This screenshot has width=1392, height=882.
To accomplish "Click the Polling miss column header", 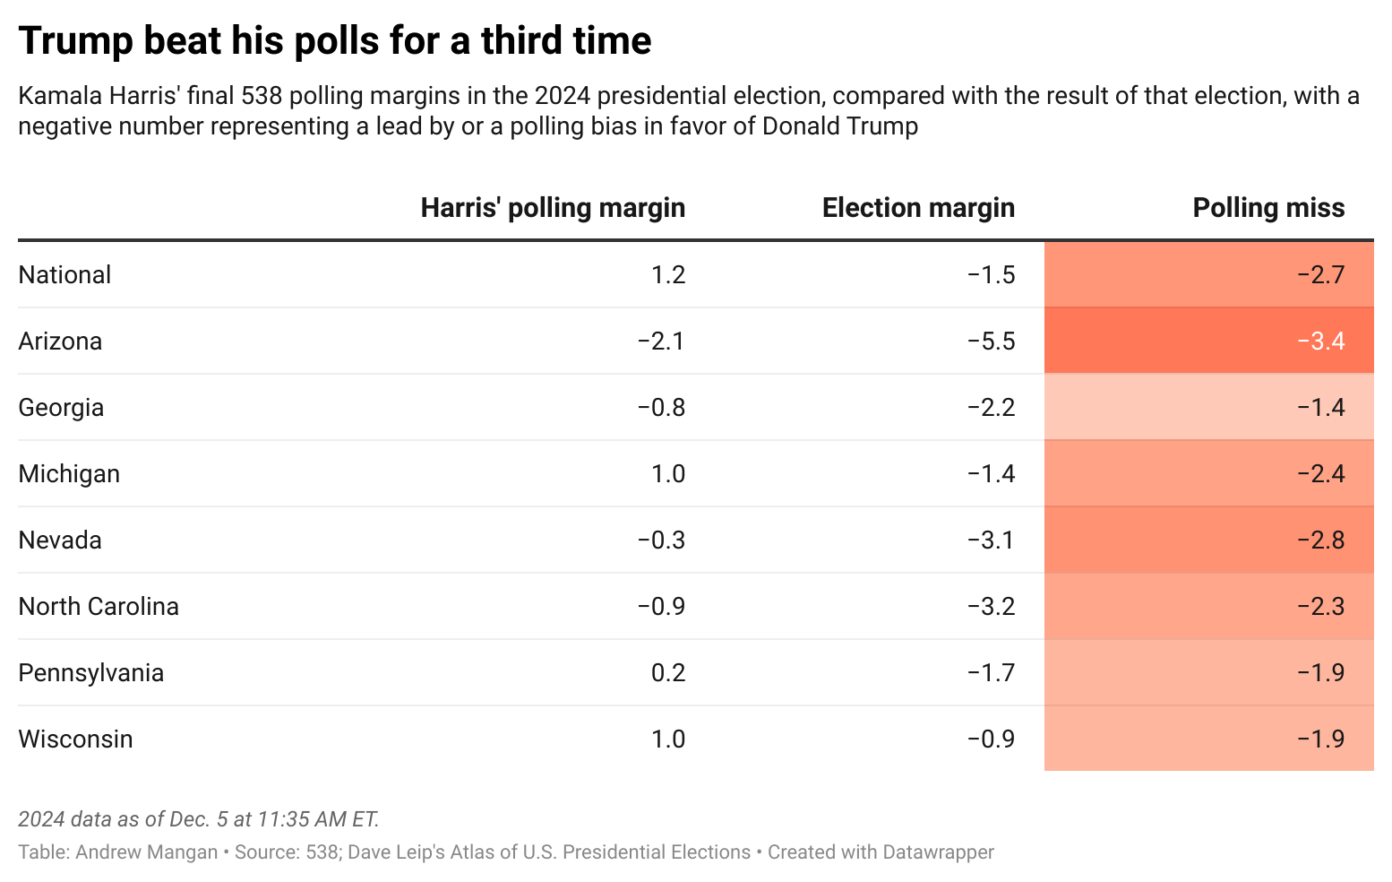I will [1268, 208].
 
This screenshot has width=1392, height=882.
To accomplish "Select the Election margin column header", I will [918, 208].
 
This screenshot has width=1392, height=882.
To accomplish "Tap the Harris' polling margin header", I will [553, 208].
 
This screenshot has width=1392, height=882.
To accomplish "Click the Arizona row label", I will [60, 342].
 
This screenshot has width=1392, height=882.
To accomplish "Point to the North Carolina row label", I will [99, 607].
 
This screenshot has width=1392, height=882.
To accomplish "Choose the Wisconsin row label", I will [75, 739].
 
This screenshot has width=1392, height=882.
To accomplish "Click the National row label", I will [64, 275].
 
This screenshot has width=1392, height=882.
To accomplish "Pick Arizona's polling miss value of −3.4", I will [1320, 342].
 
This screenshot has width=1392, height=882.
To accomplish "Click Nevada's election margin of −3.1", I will [991, 540].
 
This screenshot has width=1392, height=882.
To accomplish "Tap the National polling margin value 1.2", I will [668, 275].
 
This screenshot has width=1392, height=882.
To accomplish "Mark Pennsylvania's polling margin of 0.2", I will [668, 673].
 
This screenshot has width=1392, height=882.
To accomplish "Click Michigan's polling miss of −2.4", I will [1320, 474].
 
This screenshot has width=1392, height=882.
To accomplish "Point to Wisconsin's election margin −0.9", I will [991, 739].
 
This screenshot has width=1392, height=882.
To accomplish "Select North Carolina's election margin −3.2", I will [991, 607].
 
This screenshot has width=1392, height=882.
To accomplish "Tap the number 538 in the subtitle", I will [262, 96].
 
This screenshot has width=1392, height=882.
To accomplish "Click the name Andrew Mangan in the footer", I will [146, 852].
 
